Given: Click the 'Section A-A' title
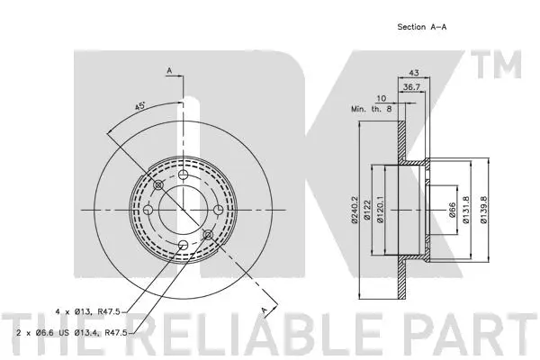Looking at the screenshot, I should (x=422, y=27).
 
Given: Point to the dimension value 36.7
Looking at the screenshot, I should (x=410, y=87).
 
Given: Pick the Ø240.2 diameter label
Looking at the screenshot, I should (x=357, y=211).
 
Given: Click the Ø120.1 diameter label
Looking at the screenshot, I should (x=383, y=211).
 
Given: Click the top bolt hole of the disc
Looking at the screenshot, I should (x=182, y=175).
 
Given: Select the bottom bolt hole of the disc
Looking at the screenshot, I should (x=182, y=245).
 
